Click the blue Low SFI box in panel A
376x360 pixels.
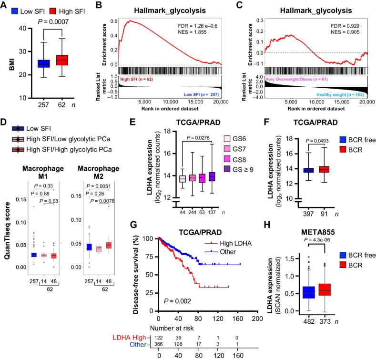pos(31,62)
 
